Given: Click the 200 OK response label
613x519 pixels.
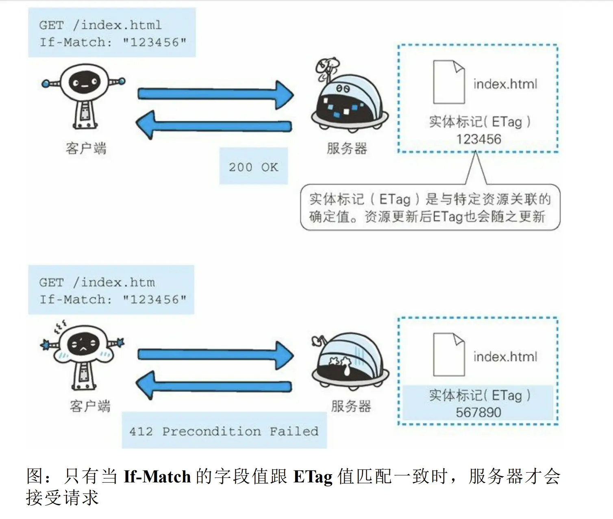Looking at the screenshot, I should pyautogui.click(x=253, y=167).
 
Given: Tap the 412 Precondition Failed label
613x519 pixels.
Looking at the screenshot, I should pyautogui.click(x=224, y=431).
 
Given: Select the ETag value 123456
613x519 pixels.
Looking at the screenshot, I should pyautogui.click(x=478, y=139).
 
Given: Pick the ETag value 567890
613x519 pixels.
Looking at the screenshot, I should pyautogui.click(x=478, y=412).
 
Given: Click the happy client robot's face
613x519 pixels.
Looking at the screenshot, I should pyautogui.click(x=84, y=83).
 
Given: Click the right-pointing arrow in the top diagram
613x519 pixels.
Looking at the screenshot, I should pyautogui.click(x=215, y=94).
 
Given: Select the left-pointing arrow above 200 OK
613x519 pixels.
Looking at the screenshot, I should pyautogui.click(x=213, y=125).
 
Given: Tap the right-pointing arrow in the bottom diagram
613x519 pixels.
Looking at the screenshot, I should pyautogui.click(x=215, y=355).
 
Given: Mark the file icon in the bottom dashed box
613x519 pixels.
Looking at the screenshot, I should pyautogui.click(x=449, y=354).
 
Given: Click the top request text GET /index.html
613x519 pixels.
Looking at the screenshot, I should pyautogui.click(x=100, y=25).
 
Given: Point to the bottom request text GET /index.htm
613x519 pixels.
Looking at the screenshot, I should pyautogui.click(x=97, y=282).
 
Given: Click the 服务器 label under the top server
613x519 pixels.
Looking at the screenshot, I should pyautogui.click(x=347, y=148).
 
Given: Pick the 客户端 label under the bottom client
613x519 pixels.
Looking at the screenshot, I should pyautogui.click(x=90, y=406).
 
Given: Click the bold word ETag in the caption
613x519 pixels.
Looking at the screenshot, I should pyautogui.click(x=313, y=477).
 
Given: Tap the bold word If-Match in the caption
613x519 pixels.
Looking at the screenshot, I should pyautogui.click(x=157, y=477).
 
